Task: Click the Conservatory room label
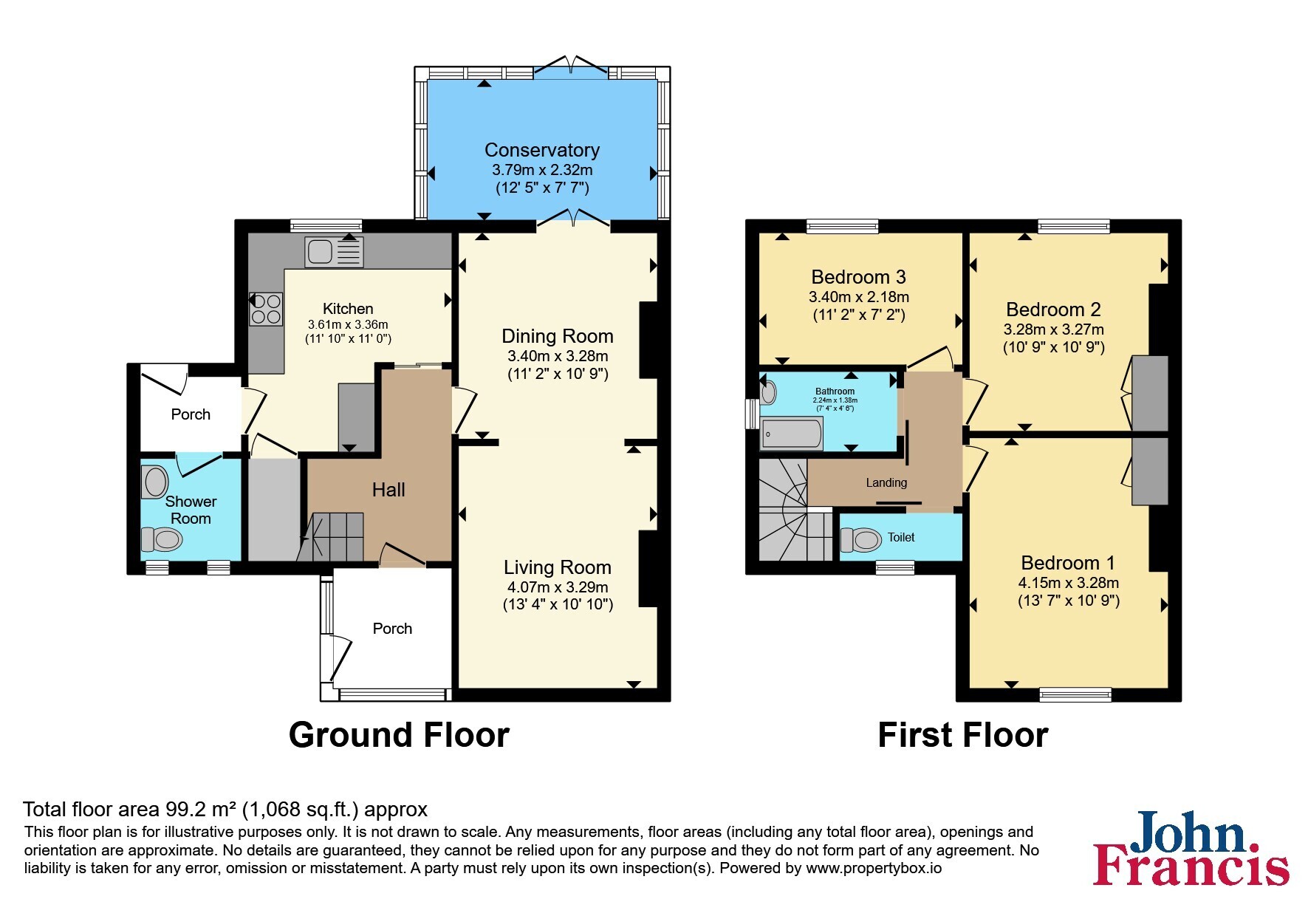point(542,150)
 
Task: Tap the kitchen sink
point(334,252)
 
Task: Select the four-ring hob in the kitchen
point(266,309)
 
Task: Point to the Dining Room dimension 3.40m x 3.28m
point(558,356)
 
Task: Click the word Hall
point(388,490)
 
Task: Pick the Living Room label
point(558,567)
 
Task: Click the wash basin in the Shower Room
point(155,482)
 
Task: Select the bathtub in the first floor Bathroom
point(792,434)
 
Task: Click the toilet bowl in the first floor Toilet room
point(861,540)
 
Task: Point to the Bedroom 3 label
point(858,277)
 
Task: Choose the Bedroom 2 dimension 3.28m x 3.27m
point(1053,329)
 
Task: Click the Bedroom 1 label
point(1068,563)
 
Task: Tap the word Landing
point(886,482)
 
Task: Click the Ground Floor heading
point(399,735)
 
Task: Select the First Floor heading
point(963,735)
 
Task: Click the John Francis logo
point(1191,848)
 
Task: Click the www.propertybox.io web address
point(874,868)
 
